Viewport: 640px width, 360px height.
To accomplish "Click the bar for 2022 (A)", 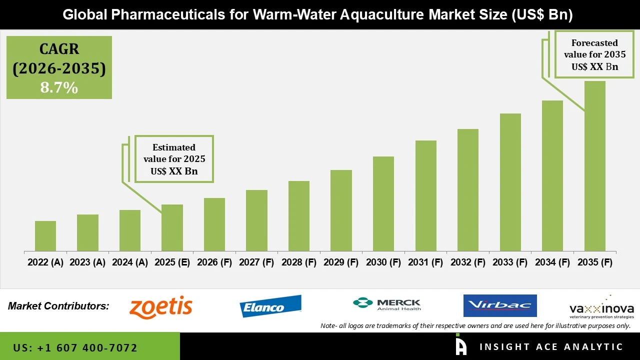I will pos(45,236).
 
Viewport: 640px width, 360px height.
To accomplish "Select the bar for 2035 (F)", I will pos(595,166).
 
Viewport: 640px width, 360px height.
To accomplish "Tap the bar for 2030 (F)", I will pos(383,203).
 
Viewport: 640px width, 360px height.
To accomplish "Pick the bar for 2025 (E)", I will pos(172,227).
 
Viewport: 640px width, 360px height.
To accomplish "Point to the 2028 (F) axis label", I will pos(299,262).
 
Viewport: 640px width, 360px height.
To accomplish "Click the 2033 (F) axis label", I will pos(510,262).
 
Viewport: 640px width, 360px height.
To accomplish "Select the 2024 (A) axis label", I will pos(130,262).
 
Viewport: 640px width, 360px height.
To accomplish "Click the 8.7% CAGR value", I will pos(59,87).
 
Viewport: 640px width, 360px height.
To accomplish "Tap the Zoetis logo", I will pos(161,306).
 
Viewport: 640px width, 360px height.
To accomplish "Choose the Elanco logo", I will pos(270,306).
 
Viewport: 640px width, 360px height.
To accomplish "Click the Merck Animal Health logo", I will pos(386,304).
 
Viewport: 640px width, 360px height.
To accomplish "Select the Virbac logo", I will pos(500,305).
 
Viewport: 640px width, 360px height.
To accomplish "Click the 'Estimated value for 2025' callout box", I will pos(174,159).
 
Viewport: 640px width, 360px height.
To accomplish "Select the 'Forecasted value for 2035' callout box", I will pos(594,54).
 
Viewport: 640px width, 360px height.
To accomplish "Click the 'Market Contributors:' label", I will pos(58,306).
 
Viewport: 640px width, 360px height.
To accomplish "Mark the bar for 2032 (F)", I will pos(468,190).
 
